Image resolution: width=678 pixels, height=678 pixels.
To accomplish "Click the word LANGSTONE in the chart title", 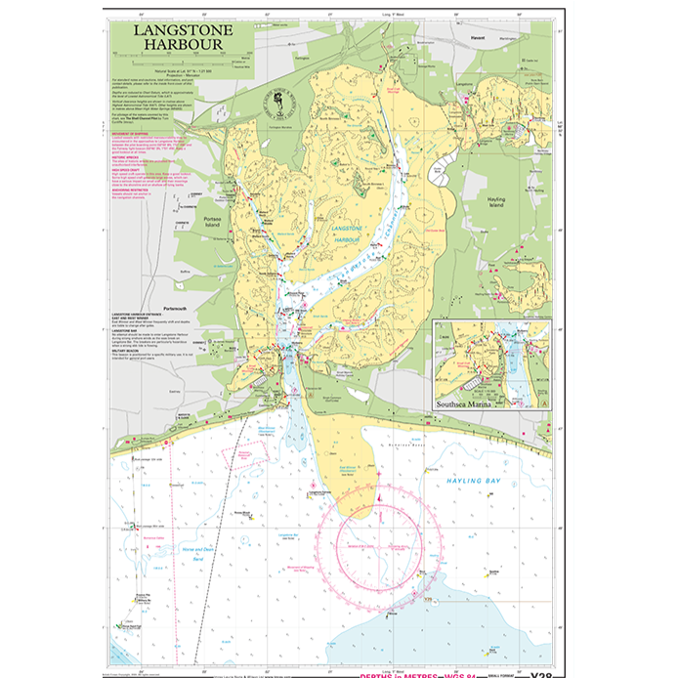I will click(x=170, y=30).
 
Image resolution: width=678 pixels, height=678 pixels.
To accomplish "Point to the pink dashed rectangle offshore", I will click(x=246, y=454).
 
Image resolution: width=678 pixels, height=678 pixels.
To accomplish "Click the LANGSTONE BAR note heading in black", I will click(x=126, y=330).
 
